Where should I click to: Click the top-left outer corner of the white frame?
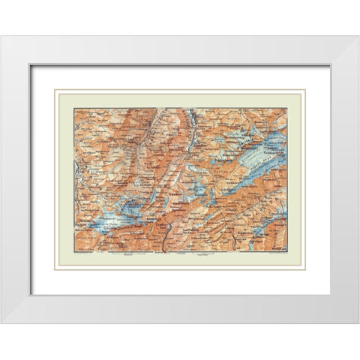[1, 36]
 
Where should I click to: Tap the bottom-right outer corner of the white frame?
[358, 323]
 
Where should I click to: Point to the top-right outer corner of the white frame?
[358, 36]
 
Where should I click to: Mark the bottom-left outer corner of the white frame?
[1, 323]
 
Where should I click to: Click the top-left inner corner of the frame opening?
[31, 65]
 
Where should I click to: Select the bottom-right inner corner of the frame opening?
[330, 294]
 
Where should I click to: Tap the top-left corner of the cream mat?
[55, 89]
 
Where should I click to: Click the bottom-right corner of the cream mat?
[306, 270]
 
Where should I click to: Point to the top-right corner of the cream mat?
[306, 89]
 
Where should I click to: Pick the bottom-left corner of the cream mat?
[55, 270]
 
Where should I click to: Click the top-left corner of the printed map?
[73, 108]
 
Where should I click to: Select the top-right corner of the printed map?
[287, 108]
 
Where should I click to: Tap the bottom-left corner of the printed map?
[73, 252]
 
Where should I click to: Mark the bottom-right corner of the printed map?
[287, 252]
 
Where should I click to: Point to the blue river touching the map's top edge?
[192, 115]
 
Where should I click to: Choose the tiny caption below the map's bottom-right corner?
[274, 255]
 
